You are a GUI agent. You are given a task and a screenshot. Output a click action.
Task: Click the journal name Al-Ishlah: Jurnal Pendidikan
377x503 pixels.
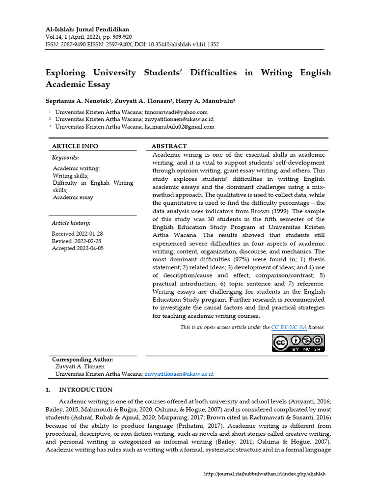pos(87,29)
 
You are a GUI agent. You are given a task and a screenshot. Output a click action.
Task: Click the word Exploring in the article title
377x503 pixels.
pos(66,73)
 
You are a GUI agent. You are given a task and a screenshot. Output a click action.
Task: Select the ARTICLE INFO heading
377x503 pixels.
pos(75,146)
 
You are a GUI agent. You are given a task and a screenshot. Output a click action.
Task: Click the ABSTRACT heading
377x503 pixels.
pos(169,146)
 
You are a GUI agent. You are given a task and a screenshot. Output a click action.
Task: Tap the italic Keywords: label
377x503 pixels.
pos(65,158)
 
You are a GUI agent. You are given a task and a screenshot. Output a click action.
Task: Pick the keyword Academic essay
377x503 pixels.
pos(73,197)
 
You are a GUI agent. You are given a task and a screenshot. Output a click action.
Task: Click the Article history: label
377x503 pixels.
pos(71,223)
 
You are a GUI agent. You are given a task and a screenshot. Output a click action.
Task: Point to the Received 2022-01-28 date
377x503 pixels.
pos(77,234)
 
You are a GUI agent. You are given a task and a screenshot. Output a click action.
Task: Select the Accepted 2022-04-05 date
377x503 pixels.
pos(78,249)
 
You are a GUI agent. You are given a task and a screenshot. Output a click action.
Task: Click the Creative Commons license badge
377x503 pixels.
pos(298,342)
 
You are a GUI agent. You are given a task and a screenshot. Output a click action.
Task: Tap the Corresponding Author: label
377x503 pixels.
pos(82,360)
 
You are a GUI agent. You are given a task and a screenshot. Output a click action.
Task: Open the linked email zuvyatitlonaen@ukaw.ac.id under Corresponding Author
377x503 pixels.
pos(179,374)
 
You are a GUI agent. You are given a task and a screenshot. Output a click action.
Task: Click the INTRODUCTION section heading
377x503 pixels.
pos(86,390)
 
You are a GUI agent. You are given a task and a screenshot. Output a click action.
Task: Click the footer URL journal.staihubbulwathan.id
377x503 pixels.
pos(265,474)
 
